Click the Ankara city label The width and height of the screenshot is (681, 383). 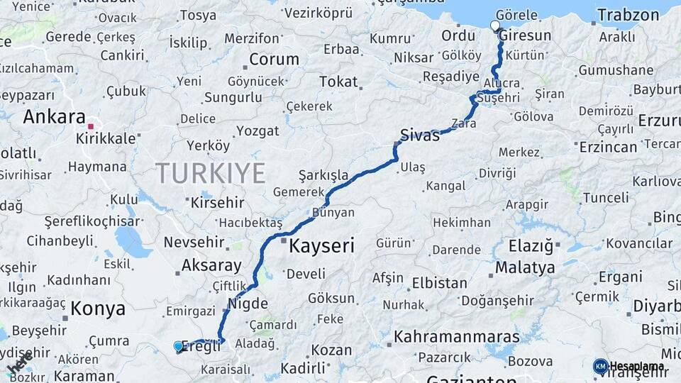coord(54,117)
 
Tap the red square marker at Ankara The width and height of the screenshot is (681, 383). coord(91,127)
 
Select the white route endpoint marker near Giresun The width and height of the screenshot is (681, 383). coord(494,26)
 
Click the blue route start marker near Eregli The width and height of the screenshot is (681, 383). coord(178,345)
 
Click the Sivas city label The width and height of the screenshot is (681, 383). coord(419,135)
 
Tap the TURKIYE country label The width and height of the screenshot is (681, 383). coord(211,173)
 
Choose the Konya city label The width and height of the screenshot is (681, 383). coord(98,309)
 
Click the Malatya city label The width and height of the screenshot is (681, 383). coord(525,268)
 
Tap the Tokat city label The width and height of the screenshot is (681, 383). coord(338,82)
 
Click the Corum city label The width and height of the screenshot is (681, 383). coord(274,59)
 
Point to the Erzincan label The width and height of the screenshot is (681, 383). coord(608,147)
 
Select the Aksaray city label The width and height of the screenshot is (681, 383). coord(211,265)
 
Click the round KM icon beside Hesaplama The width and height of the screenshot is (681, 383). coord(600,366)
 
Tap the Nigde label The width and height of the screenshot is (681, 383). coord(248,304)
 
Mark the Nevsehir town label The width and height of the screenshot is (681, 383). coord(196,242)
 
